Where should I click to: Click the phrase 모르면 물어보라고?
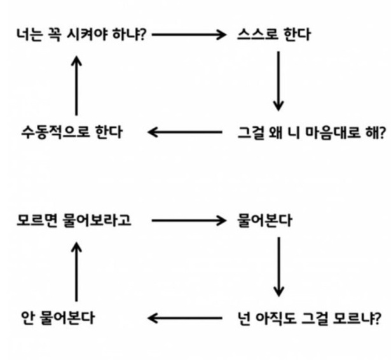click(x=76, y=221)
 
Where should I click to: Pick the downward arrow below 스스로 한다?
click(x=278, y=81)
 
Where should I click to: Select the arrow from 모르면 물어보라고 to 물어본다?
click(x=189, y=221)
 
